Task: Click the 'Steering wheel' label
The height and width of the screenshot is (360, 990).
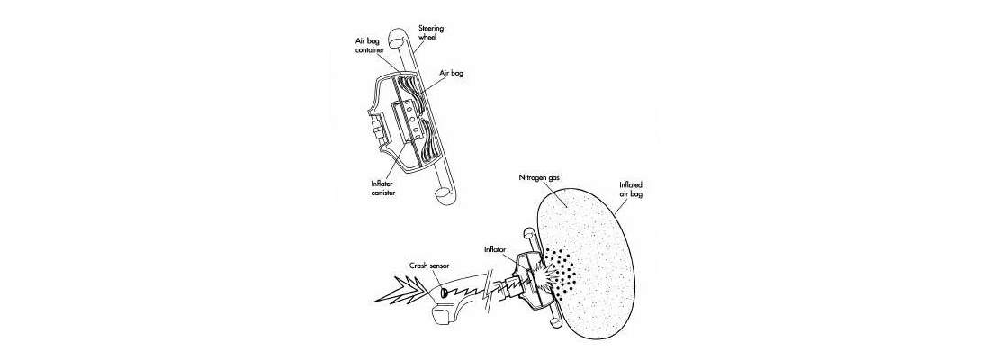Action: [431, 32]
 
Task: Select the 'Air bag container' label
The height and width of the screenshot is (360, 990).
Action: [369, 43]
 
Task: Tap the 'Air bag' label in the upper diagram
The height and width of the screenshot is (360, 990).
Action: [452, 73]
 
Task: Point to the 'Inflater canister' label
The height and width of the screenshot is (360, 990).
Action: [383, 187]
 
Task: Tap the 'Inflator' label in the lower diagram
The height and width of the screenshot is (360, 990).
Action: [495, 249]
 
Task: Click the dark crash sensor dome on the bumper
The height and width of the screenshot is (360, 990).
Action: [443, 292]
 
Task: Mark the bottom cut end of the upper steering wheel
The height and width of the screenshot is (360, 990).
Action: [445, 196]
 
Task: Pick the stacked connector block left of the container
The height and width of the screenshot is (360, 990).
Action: [374, 125]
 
